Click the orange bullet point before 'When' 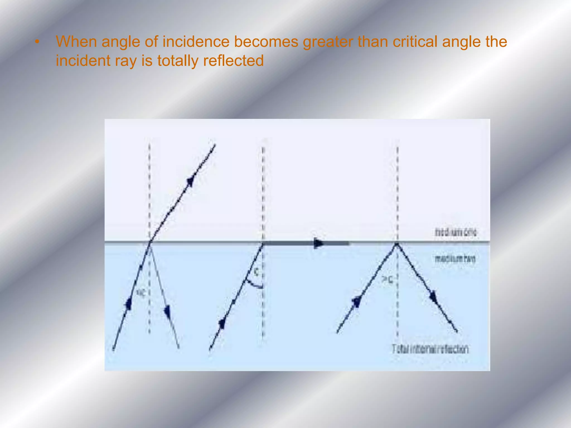(x=37, y=42)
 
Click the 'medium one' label (x=456, y=232)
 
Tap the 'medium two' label (x=455, y=259)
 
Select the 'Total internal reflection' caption (x=430, y=349)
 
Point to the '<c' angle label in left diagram (x=141, y=293)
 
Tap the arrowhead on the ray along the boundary (x=318, y=243)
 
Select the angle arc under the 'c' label (x=254, y=285)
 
